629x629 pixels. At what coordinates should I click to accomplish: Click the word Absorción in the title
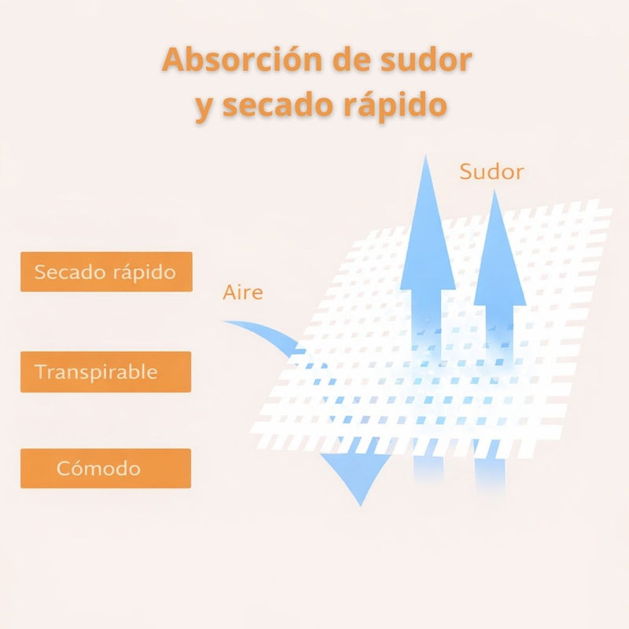[243, 60]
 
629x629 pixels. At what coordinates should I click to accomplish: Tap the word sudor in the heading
[426, 60]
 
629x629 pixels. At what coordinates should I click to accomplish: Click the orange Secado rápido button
[106, 271]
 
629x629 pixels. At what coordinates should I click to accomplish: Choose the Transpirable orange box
[106, 372]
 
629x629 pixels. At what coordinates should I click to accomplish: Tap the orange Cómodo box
[106, 468]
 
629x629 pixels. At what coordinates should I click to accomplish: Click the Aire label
[243, 292]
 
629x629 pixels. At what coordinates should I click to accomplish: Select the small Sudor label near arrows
[492, 171]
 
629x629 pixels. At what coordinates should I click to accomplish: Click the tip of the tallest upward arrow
[425, 155]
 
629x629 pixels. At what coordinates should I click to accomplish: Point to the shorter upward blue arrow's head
[499, 248]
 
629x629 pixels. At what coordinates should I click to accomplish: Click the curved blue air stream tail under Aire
[265, 332]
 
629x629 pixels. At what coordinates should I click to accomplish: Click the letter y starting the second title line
[204, 108]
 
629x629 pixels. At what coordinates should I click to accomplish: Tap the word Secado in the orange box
[70, 271]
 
